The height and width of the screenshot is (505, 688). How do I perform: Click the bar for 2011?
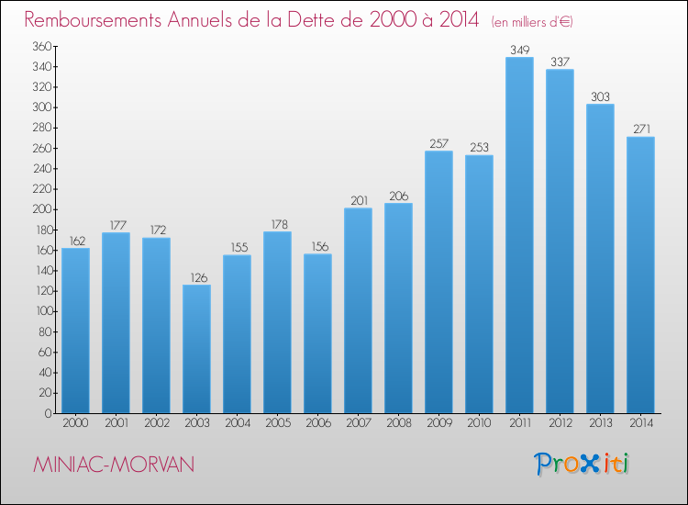(x=519, y=235)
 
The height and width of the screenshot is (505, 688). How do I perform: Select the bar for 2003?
(x=196, y=349)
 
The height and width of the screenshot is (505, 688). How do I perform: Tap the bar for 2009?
(x=438, y=282)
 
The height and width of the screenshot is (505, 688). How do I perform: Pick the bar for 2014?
(x=640, y=275)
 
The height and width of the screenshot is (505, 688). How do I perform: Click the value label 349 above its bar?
(x=520, y=50)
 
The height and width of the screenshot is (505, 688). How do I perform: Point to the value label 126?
(x=199, y=278)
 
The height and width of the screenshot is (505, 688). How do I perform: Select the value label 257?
(x=439, y=143)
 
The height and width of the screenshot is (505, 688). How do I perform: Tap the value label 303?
(x=600, y=96)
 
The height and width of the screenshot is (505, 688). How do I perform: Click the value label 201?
(x=359, y=201)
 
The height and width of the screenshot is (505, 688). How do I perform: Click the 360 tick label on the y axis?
(x=42, y=46)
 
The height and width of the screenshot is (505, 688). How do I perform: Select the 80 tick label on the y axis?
(x=45, y=332)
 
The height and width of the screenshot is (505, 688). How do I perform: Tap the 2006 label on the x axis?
(x=318, y=423)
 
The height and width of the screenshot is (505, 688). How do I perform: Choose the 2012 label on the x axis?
(x=560, y=423)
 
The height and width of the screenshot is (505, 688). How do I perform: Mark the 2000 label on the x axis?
(x=75, y=423)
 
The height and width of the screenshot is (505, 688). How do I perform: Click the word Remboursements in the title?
(x=93, y=20)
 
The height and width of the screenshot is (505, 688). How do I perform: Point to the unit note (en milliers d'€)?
(x=532, y=22)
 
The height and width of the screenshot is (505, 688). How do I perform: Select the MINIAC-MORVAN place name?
(x=114, y=465)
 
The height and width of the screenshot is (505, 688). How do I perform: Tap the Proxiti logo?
(x=582, y=464)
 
